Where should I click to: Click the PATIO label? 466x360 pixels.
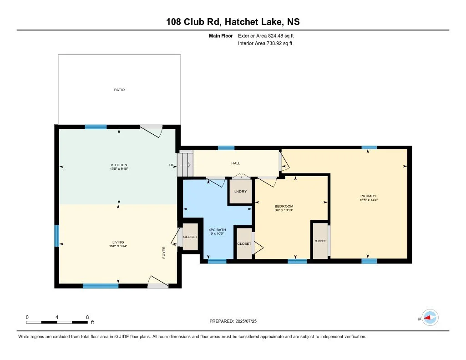[120, 90]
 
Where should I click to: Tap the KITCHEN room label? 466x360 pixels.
[119, 165]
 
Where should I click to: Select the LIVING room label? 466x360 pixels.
[118, 242]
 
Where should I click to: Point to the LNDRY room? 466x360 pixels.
[240, 192]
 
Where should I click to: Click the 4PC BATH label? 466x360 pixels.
[217, 230]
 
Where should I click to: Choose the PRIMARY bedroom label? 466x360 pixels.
[369, 196]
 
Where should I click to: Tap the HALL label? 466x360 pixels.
[236, 163]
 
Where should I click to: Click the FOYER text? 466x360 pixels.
[164, 253]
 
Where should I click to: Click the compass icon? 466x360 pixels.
[430, 318]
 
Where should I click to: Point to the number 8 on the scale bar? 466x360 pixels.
[87, 317]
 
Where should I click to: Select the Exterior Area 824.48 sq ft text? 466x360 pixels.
[266, 36]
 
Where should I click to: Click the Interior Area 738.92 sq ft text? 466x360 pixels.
[265, 43]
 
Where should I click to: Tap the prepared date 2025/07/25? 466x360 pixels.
[246, 321]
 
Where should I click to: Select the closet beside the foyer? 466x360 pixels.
[190, 237]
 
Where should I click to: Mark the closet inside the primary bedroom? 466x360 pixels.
[320, 241]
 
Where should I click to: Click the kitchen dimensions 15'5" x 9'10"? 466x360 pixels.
[119, 169]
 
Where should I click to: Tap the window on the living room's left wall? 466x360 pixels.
[56, 236]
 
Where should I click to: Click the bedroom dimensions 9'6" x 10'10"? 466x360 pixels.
[284, 210]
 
